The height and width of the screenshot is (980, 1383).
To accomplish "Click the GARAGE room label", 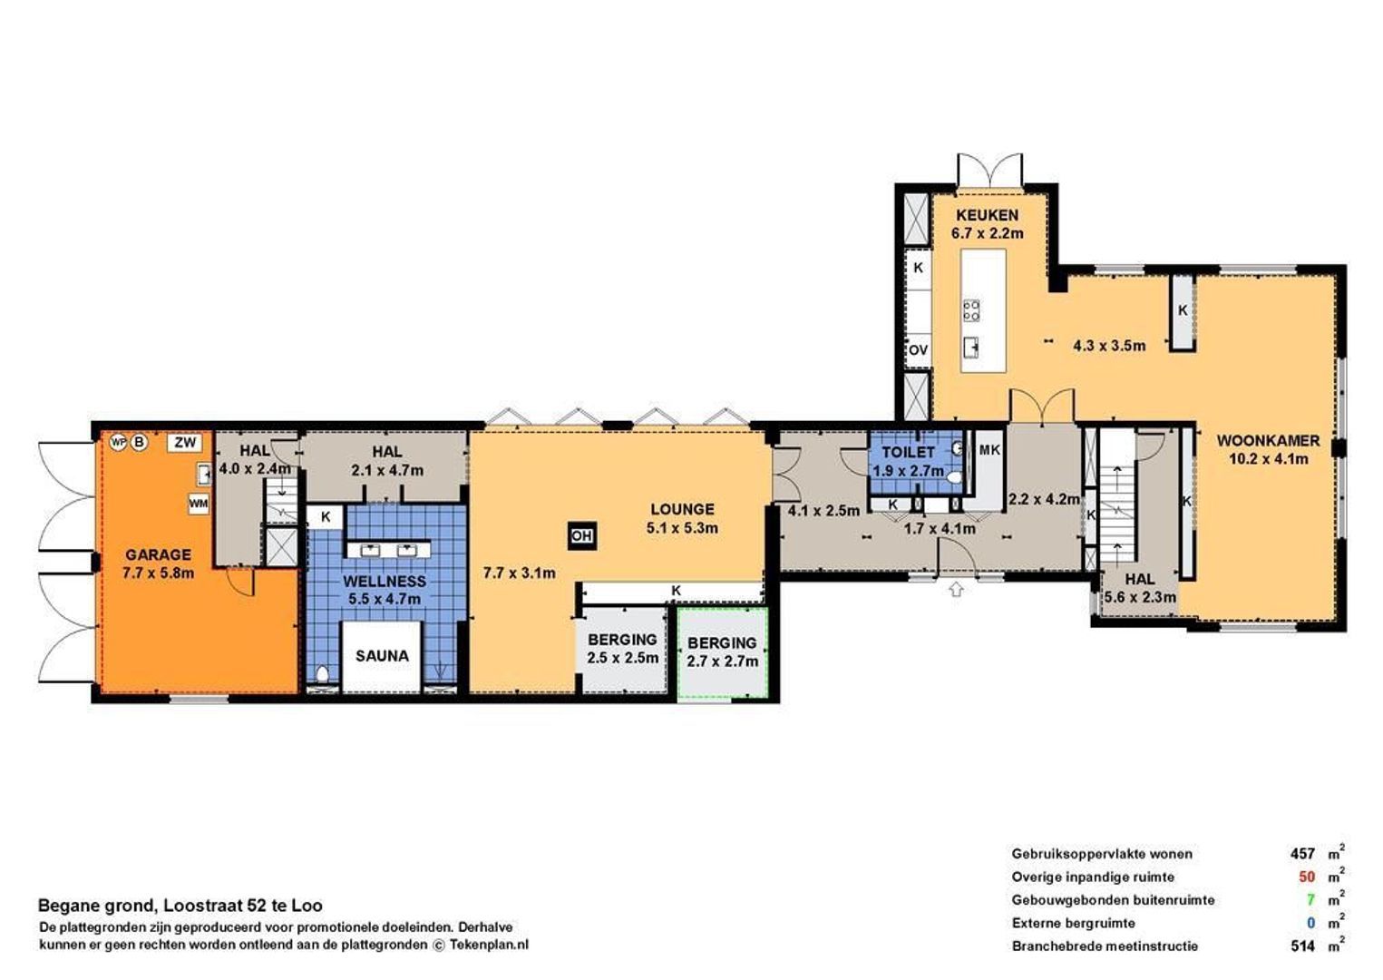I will pyautogui.click(x=158, y=554).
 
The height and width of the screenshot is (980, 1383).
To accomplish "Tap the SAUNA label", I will pyautogui.click(x=382, y=655).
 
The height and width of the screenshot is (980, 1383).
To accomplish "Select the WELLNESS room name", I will pyautogui.click(x=385, y=581).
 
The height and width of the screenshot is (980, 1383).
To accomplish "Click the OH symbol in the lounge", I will pyautogui.click(x=580, y=536).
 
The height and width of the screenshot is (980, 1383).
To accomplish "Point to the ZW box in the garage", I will pyautogui.click(x=185, y=443).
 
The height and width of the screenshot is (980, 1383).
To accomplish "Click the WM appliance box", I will pyautogui.click(x=198, y=503).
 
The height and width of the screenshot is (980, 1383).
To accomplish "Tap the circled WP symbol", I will pyautogui.click(x=118, y=443).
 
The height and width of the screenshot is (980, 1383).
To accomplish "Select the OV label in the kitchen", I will pyautogui.click(x=918, y=350).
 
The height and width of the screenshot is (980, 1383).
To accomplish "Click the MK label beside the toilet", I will pyautogui.click(x=989, y=450).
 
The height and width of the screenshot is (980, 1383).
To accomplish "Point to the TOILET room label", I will pyautogui.click(x=908, y=452).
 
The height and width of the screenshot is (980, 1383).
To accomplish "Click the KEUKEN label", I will pyautogui.click(x=987, y=216).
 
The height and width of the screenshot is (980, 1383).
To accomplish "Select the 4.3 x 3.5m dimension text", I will pyautogui.click(x=1108, y=346).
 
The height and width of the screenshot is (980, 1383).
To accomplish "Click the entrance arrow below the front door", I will pyautogui.click(x=956, y=590).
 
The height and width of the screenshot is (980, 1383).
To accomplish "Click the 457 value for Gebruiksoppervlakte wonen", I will pyautogui.click(x=1302, y=854).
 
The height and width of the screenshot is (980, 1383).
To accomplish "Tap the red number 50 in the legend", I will pyautogui.click(x=1306, y=877).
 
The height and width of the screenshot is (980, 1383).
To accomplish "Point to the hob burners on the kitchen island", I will pyautogui.click(x=971, y=310).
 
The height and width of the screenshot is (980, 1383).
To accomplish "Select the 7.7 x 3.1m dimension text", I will pyautogui.click(x=519, y=573).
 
